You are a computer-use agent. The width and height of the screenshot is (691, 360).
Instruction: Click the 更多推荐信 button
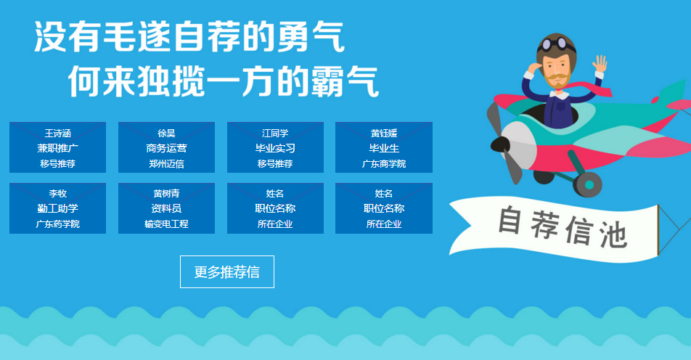click(x=227, y=272)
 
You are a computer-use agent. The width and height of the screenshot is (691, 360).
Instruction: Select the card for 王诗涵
click(x=58, y=147)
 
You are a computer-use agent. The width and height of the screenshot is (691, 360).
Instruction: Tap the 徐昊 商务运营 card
click(x=167, y=147)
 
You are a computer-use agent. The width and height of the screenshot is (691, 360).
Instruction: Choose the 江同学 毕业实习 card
click(x=275, y=147)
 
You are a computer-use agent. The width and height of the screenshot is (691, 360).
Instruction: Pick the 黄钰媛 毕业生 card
click(x=384, y=147)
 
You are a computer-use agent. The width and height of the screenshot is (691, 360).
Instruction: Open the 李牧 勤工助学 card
click(x=58, y=208)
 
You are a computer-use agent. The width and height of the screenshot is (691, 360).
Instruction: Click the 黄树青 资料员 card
click(x=167, y=208)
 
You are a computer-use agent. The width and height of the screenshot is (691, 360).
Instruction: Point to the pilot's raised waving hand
click(x=600, y=65)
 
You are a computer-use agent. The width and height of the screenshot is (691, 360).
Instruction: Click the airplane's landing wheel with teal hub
click(x=587, y=184)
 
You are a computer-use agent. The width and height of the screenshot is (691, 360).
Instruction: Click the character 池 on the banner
click(x=613, y=234)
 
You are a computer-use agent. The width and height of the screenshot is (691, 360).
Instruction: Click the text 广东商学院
click(x=384, y=164)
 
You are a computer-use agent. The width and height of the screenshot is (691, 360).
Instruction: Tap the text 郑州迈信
click(x=167, y=164)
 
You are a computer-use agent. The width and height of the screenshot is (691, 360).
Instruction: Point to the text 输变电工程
click(x=167, y=224)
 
